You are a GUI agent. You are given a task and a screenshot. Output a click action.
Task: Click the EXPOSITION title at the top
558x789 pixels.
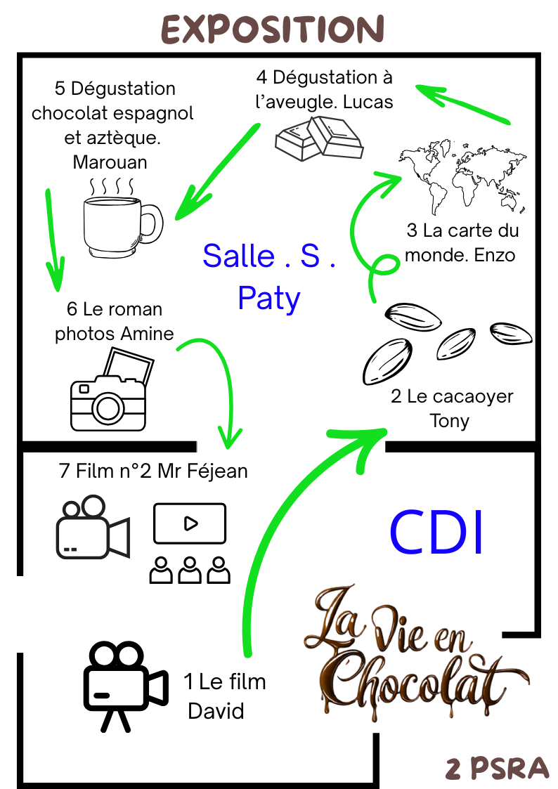(273, 30)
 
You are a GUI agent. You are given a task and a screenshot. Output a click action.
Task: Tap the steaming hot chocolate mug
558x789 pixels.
(122, 219)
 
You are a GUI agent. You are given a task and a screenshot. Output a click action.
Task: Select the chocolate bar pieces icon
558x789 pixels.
(320, 138)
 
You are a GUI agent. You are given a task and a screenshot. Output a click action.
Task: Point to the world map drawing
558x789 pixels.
(462, 176)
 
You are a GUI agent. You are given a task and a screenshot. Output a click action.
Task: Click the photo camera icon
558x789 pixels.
(112, 390)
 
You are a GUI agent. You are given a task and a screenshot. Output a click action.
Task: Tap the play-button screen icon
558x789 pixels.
(190, 523)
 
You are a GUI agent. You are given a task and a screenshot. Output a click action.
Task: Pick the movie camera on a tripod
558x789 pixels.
(125, 686)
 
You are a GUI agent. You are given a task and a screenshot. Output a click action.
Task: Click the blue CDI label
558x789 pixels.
(436, 532)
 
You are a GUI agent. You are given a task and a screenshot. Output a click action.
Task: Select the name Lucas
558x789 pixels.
(368, 102)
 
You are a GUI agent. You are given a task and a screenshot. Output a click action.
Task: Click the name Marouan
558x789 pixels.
(110, 162)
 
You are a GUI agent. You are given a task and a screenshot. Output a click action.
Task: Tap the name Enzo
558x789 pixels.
(495, 255)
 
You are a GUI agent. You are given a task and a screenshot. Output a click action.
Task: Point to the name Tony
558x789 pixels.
(449, 421)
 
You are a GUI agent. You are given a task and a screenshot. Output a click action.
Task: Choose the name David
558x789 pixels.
(216, 711)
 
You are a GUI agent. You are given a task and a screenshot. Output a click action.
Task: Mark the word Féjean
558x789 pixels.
(217, 471)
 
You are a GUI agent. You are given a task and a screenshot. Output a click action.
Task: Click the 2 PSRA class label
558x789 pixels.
(497, 768)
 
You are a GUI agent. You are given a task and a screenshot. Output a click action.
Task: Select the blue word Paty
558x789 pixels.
(269, 299)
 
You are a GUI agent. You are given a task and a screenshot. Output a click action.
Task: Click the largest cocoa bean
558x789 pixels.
(387, 361)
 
